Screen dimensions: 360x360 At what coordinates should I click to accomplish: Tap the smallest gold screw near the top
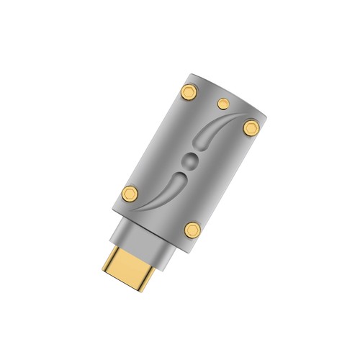coord(222,102)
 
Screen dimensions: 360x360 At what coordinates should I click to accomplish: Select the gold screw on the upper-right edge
coord(250,127)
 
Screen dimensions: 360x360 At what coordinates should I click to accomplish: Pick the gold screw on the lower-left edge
coord(130,192)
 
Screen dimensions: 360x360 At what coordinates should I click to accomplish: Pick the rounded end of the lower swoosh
coord(180,173)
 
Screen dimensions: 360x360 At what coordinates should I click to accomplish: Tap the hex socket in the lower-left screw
coord(130,192)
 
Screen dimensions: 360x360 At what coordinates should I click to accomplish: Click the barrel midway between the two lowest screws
coord(161,211)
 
